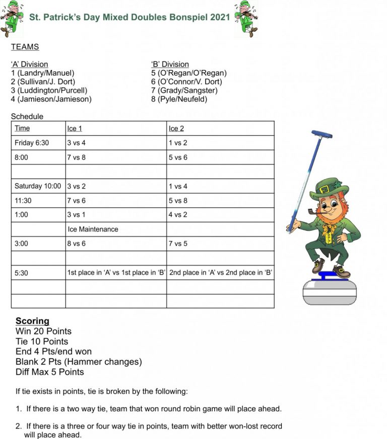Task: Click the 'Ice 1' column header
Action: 75,129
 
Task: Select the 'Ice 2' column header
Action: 176,129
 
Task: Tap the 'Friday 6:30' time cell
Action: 32,143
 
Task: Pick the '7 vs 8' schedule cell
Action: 76,157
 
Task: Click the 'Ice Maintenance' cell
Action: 93,229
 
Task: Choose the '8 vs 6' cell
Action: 76,243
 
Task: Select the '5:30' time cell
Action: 22,273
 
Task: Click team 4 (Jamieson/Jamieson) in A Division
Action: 51,99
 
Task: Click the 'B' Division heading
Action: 170,64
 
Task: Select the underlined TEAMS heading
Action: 25,47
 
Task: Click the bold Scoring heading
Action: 32,321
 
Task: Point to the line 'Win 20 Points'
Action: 43,331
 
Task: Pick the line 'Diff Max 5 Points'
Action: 49,372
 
